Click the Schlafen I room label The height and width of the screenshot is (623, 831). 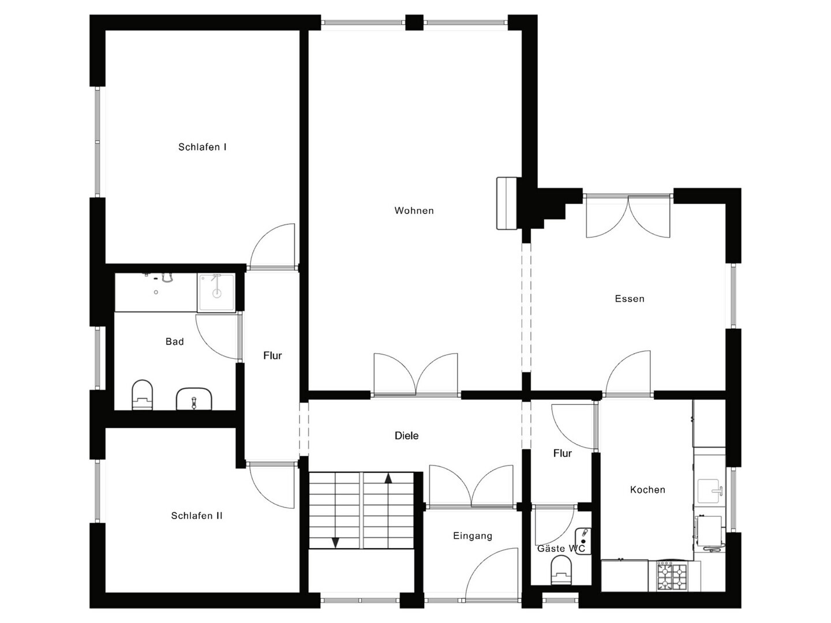[203, 147]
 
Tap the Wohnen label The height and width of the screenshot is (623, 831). [414, 211]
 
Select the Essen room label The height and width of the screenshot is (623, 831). [629, 298]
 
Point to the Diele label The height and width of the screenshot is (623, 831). [407, 436]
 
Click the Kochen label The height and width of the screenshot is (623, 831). [647, 490]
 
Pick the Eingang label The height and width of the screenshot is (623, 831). [473, 536]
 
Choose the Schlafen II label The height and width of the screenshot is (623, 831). [197, 516]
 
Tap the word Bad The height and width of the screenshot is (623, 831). [174, 341]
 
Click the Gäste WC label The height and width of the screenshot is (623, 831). [561, 548]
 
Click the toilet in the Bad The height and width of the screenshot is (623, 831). [143, 395]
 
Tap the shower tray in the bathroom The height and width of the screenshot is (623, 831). [216, 292]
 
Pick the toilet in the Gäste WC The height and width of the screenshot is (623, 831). [561, 572]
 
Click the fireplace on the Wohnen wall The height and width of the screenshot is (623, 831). [507, 203]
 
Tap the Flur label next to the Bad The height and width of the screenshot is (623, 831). [272, 355]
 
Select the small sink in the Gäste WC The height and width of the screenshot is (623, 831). [582, 541]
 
